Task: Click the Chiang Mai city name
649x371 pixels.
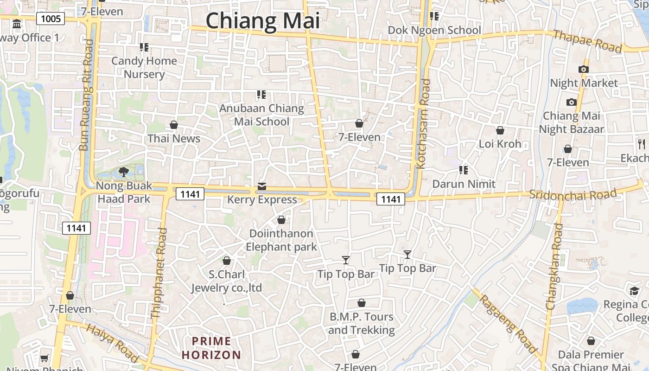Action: point(263,21)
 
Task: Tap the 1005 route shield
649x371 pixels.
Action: point(51,19)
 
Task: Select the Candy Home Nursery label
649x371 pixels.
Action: point(144,67)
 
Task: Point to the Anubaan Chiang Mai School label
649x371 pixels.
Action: point(261,115)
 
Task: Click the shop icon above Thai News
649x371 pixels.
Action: point(174,125)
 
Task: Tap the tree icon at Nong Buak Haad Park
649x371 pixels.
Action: point(124,173)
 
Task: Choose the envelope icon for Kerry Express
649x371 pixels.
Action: point(262,186)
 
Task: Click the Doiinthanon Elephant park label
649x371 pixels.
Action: point(281,240)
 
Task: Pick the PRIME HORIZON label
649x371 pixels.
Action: point(211,348)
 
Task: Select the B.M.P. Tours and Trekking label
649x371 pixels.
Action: point(361,323)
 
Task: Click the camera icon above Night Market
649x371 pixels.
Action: point(584,70)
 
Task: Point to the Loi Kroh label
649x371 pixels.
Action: point(500,144)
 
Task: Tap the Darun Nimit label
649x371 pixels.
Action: point(464,184)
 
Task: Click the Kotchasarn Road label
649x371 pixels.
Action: point(424,124)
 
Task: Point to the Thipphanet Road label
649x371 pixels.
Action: point(159,273)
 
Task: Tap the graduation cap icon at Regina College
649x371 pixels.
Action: point(634,291)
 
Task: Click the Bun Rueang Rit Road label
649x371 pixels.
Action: point(87,95)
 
